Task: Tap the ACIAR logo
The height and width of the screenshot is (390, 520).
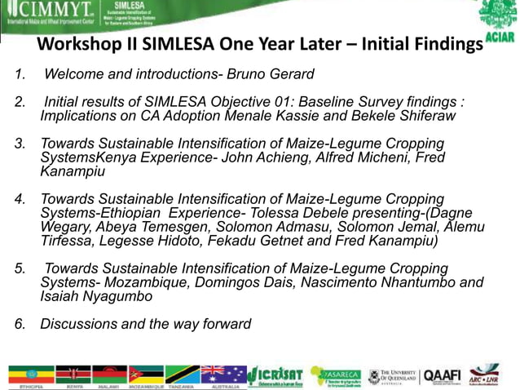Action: pos(498,20)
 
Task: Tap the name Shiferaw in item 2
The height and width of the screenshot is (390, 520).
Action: pos(423,117)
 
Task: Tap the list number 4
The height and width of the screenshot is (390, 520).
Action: pos(20,199)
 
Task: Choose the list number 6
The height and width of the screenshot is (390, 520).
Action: pos(20,325)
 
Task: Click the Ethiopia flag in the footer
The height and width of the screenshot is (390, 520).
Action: pos(31,374)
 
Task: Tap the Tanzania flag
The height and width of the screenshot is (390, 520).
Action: pos(183,374)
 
